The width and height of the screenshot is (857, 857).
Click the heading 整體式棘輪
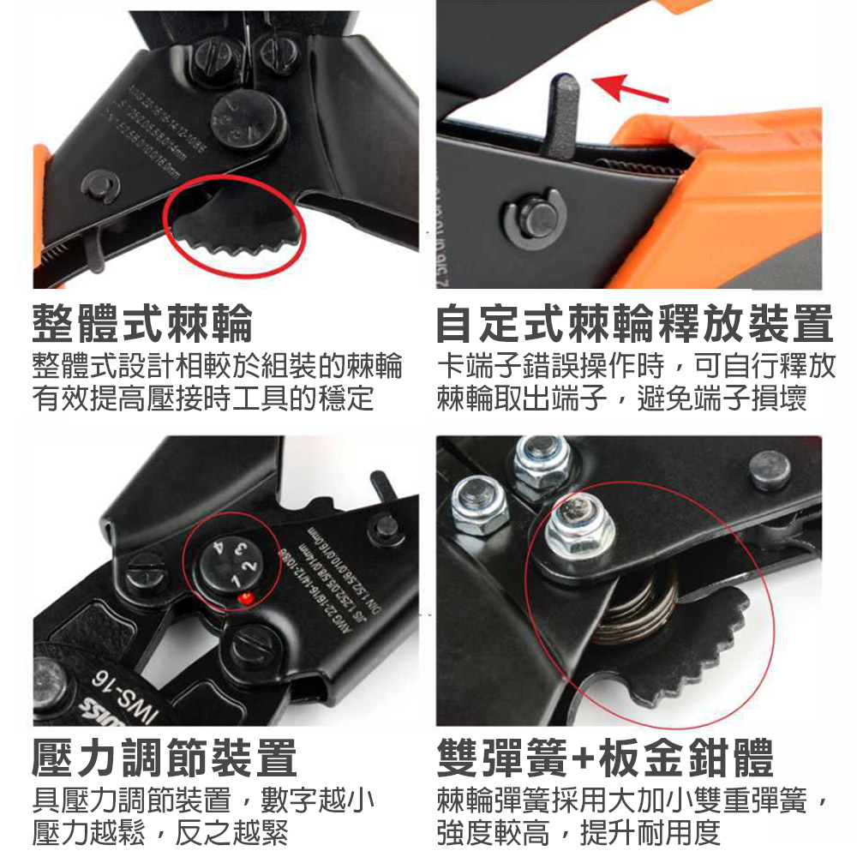click(143, 323)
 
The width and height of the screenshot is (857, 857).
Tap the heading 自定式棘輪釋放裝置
click(634, 323)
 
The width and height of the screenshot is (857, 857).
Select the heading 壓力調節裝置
click(165, 758)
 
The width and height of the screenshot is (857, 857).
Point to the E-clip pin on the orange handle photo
click(530, 220)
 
